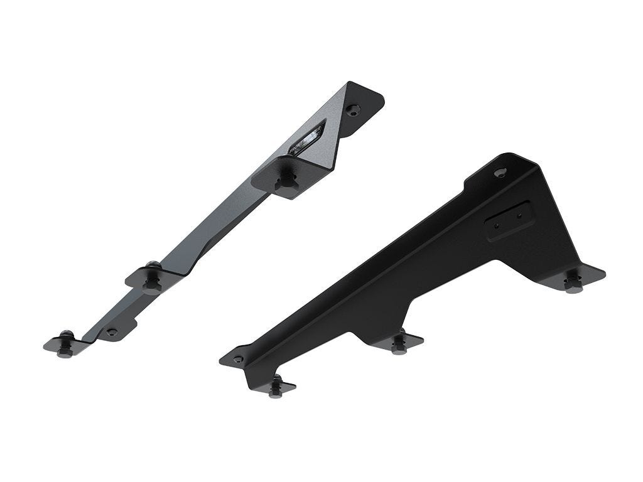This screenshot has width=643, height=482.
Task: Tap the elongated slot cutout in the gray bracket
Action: pyautogui.click(x=307, y=138)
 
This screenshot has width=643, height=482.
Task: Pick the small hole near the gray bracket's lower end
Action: pyautogui.click(x=112, y=331)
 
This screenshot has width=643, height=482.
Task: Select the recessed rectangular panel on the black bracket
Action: pyautogui.click(x=509, y=220)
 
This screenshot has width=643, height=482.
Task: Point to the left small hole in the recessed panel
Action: pyautogui.click(x=497, y=225)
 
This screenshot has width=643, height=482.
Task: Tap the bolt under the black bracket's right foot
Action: pyautogui.click(x=572, y=283)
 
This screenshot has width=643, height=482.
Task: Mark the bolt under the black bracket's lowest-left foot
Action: pyautogui.click(x=275, y=387)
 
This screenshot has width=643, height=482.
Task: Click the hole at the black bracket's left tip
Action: pyautogui.click(x=238, y=360)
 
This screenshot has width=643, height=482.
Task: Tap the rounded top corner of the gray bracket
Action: pyautogui.click(x=379, y=94)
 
